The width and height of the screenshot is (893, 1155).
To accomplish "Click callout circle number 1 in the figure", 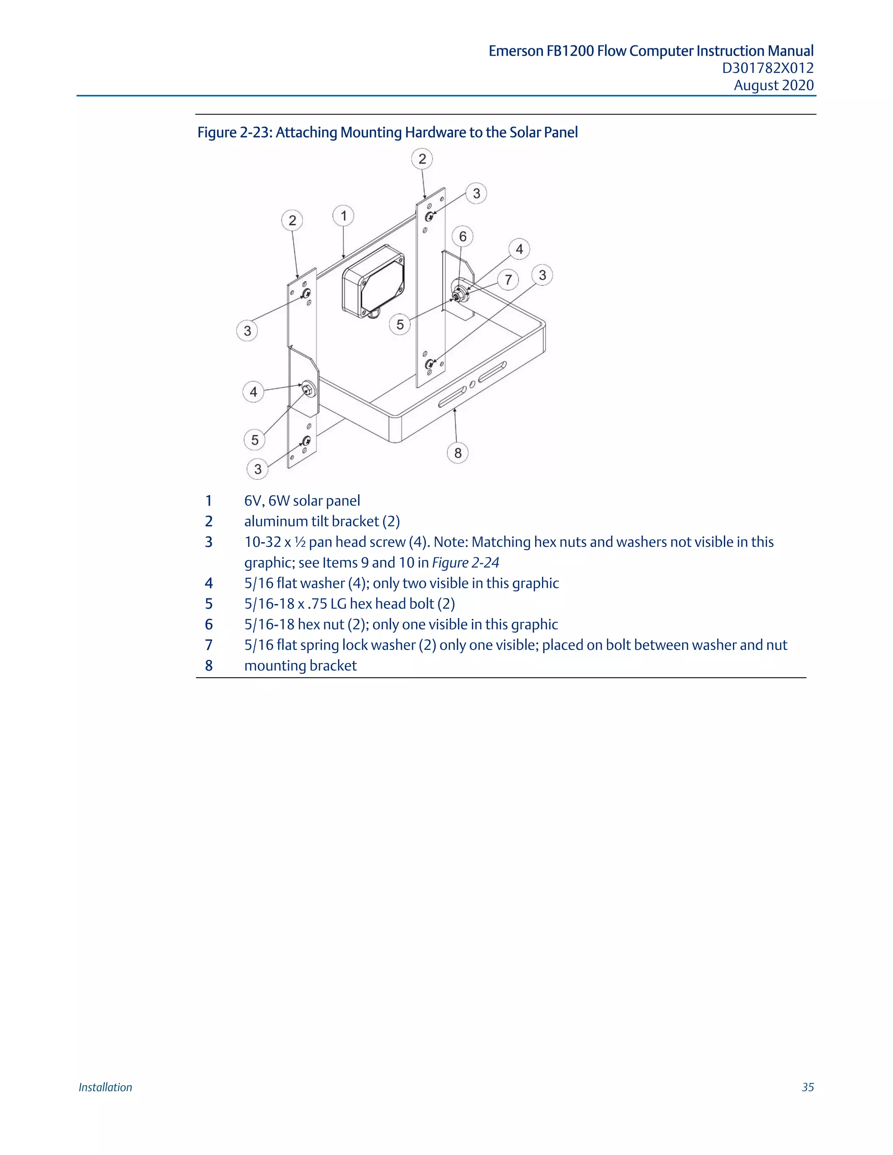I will (x=343, y=216).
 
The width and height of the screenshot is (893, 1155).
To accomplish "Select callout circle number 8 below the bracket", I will (x=457, y=453).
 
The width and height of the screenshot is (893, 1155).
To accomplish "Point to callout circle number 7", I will (x=508, y=279).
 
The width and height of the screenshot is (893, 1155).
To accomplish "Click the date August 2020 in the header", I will (x=774, y=85).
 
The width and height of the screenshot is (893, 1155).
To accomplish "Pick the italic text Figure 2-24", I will (x=466, y=563).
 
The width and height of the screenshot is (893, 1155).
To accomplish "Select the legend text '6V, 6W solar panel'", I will (x=302, y=501).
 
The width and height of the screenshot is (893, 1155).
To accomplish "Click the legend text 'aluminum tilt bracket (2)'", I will (x=322, y=521).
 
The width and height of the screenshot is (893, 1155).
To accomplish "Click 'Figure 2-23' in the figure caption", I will (x=234, y=132).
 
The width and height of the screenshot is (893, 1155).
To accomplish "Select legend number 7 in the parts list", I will (x=209, y=645).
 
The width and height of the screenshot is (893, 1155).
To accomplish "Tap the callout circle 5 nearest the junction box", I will (x=400, y=324).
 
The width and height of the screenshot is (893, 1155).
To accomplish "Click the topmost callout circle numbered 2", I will (x=422, y=159).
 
